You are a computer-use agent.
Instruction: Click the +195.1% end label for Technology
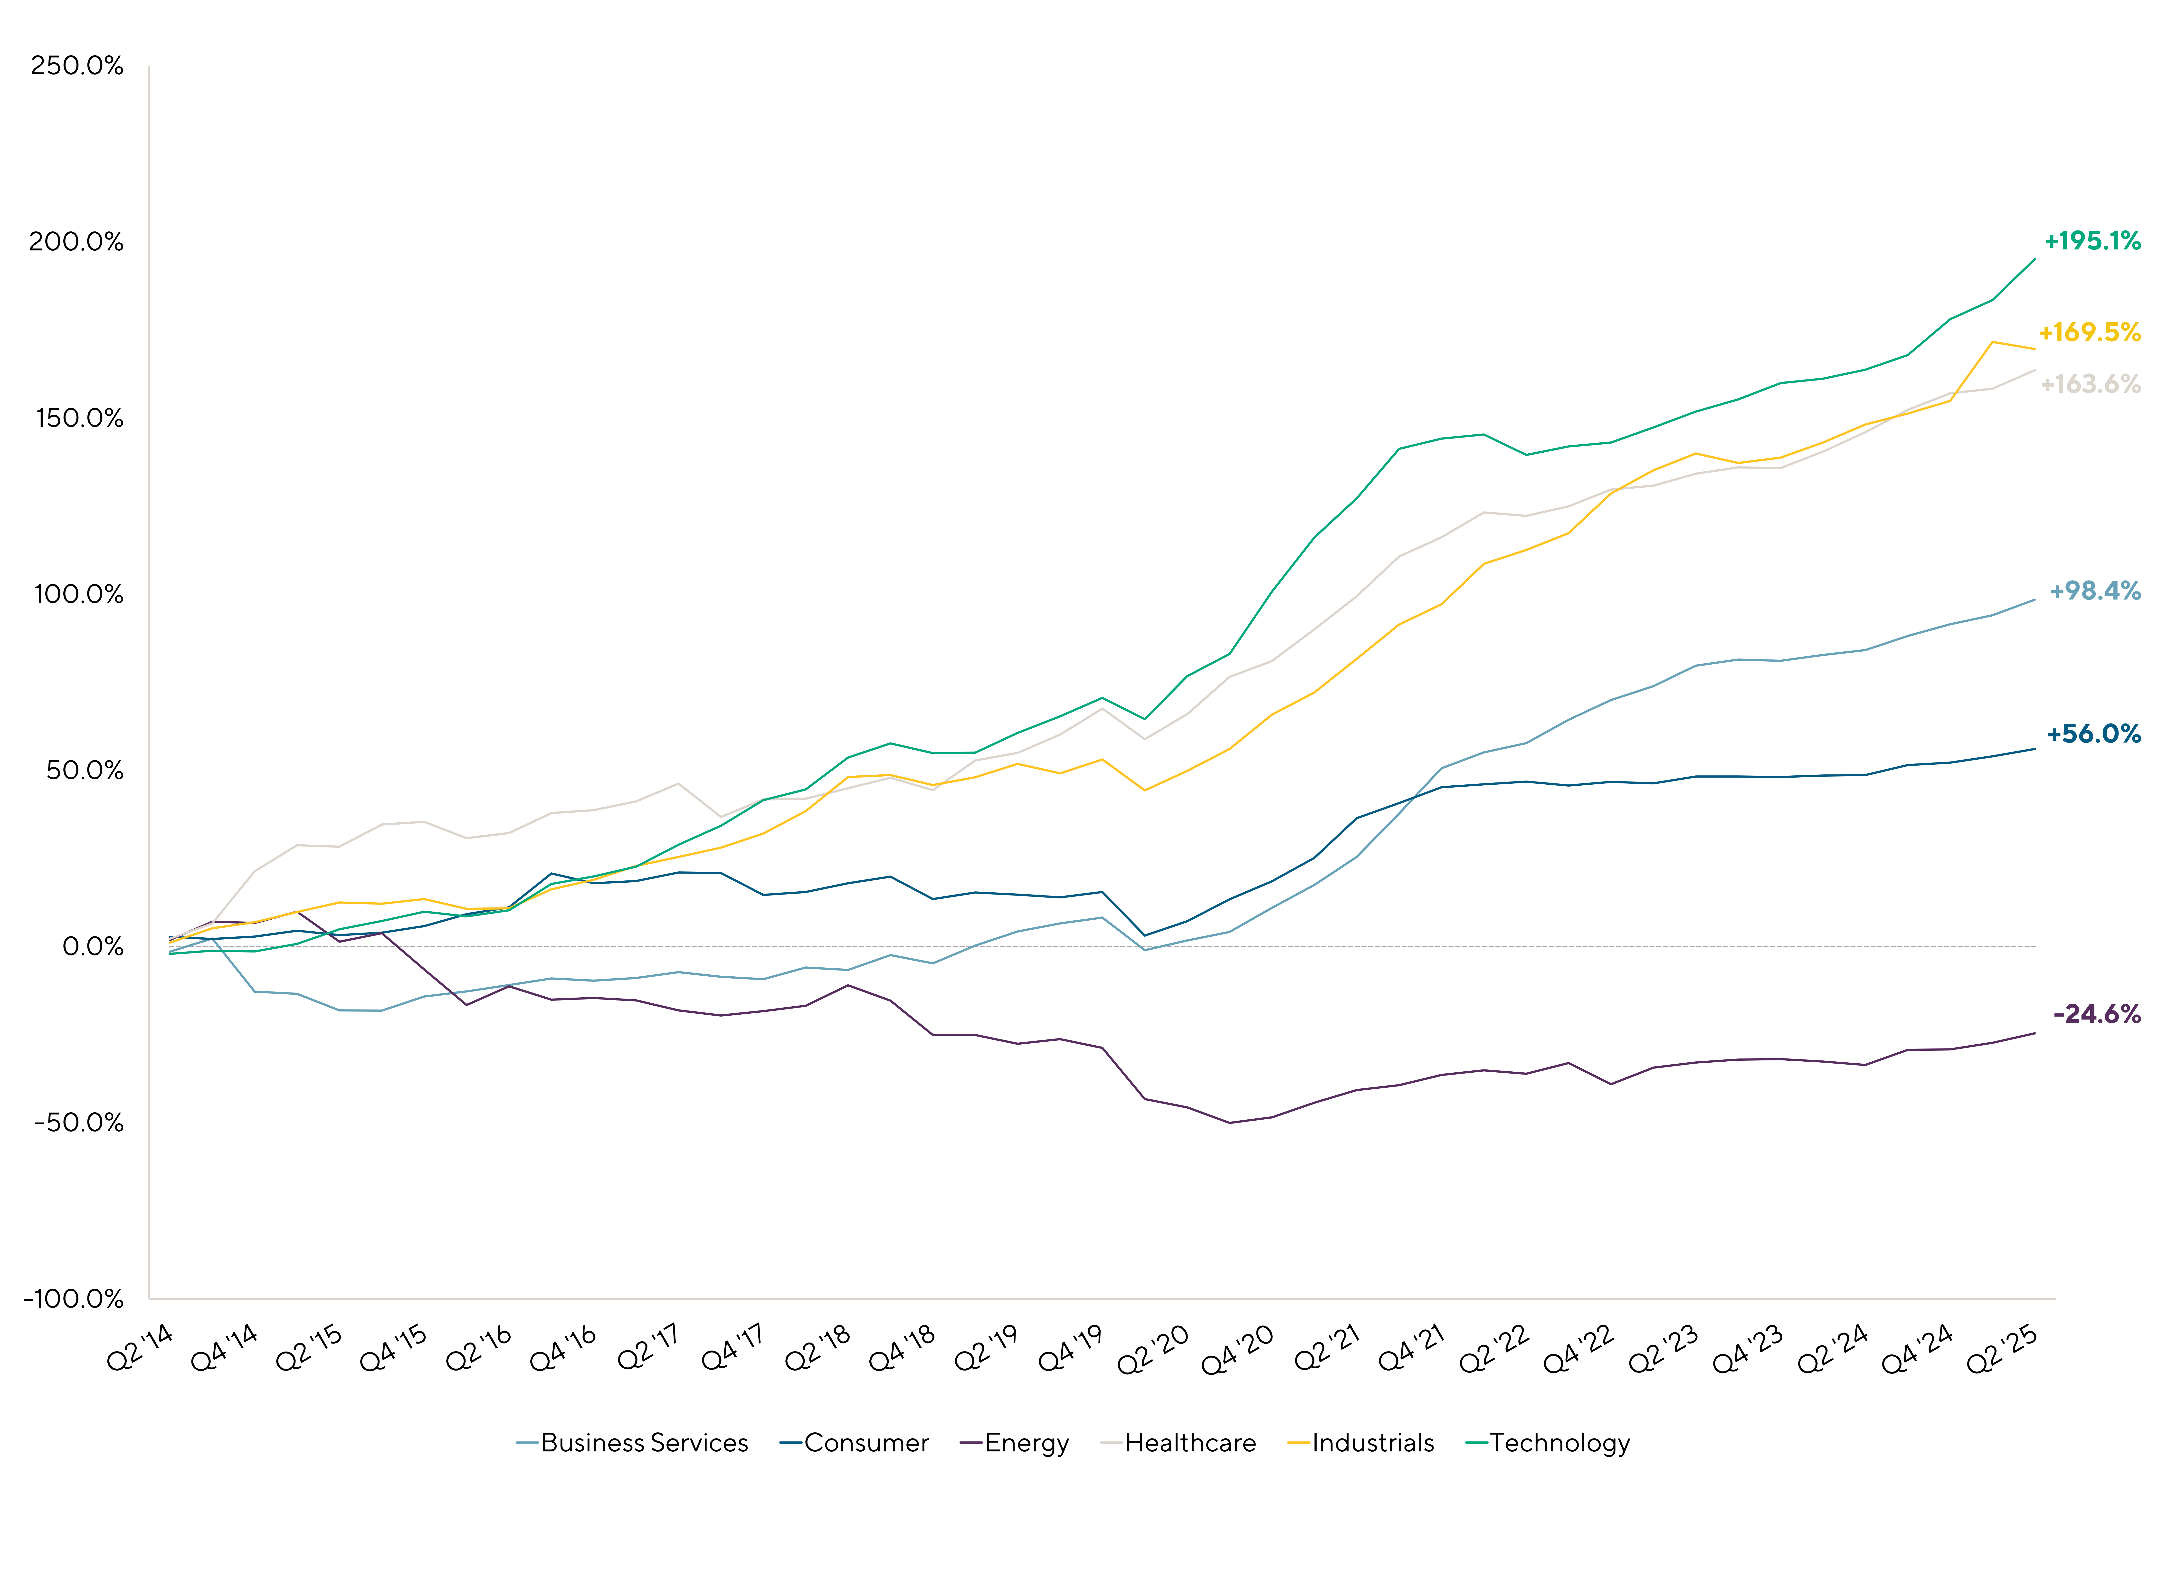(x=2091, y=241)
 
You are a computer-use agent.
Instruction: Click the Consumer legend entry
(x=854, y=1443)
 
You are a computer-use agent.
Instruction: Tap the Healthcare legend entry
(x=1178, y=1443)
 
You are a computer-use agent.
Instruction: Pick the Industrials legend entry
(x=1361, y=1443)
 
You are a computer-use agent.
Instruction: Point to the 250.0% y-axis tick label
(x=77, y=66)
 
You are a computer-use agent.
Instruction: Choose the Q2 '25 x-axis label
(x=2002, y=1348)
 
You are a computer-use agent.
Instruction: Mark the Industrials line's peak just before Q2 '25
(x=1992, y=342)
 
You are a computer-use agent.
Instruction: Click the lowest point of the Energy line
(x=1230, y=1123)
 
